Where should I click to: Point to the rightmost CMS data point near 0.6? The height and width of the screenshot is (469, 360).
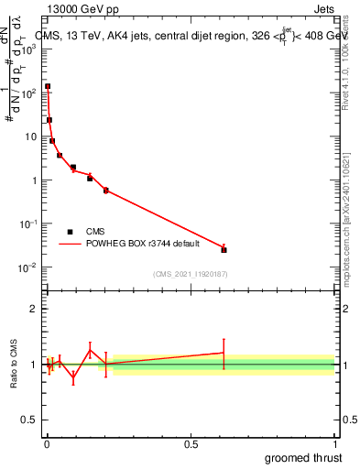pos(224,249)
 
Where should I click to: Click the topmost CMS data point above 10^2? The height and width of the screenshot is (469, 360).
pos(48,86)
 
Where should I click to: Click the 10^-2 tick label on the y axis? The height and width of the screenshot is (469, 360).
pos(27,267)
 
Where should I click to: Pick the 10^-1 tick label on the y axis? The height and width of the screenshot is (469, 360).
pos(27,224)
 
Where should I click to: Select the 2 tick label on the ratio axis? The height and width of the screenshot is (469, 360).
pos(33,309)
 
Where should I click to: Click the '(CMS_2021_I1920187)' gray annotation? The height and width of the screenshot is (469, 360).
pos(190,274)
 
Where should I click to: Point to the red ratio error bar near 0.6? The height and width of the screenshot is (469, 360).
pos(224,353)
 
